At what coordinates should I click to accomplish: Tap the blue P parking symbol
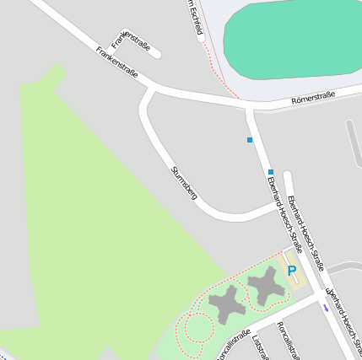[292, 271]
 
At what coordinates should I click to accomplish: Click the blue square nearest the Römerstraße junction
[250, 139]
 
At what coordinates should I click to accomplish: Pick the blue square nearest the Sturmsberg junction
[271, 172]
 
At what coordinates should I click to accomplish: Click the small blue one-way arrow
[326, 308]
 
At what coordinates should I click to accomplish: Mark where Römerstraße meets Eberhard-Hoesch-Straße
[250, 106]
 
